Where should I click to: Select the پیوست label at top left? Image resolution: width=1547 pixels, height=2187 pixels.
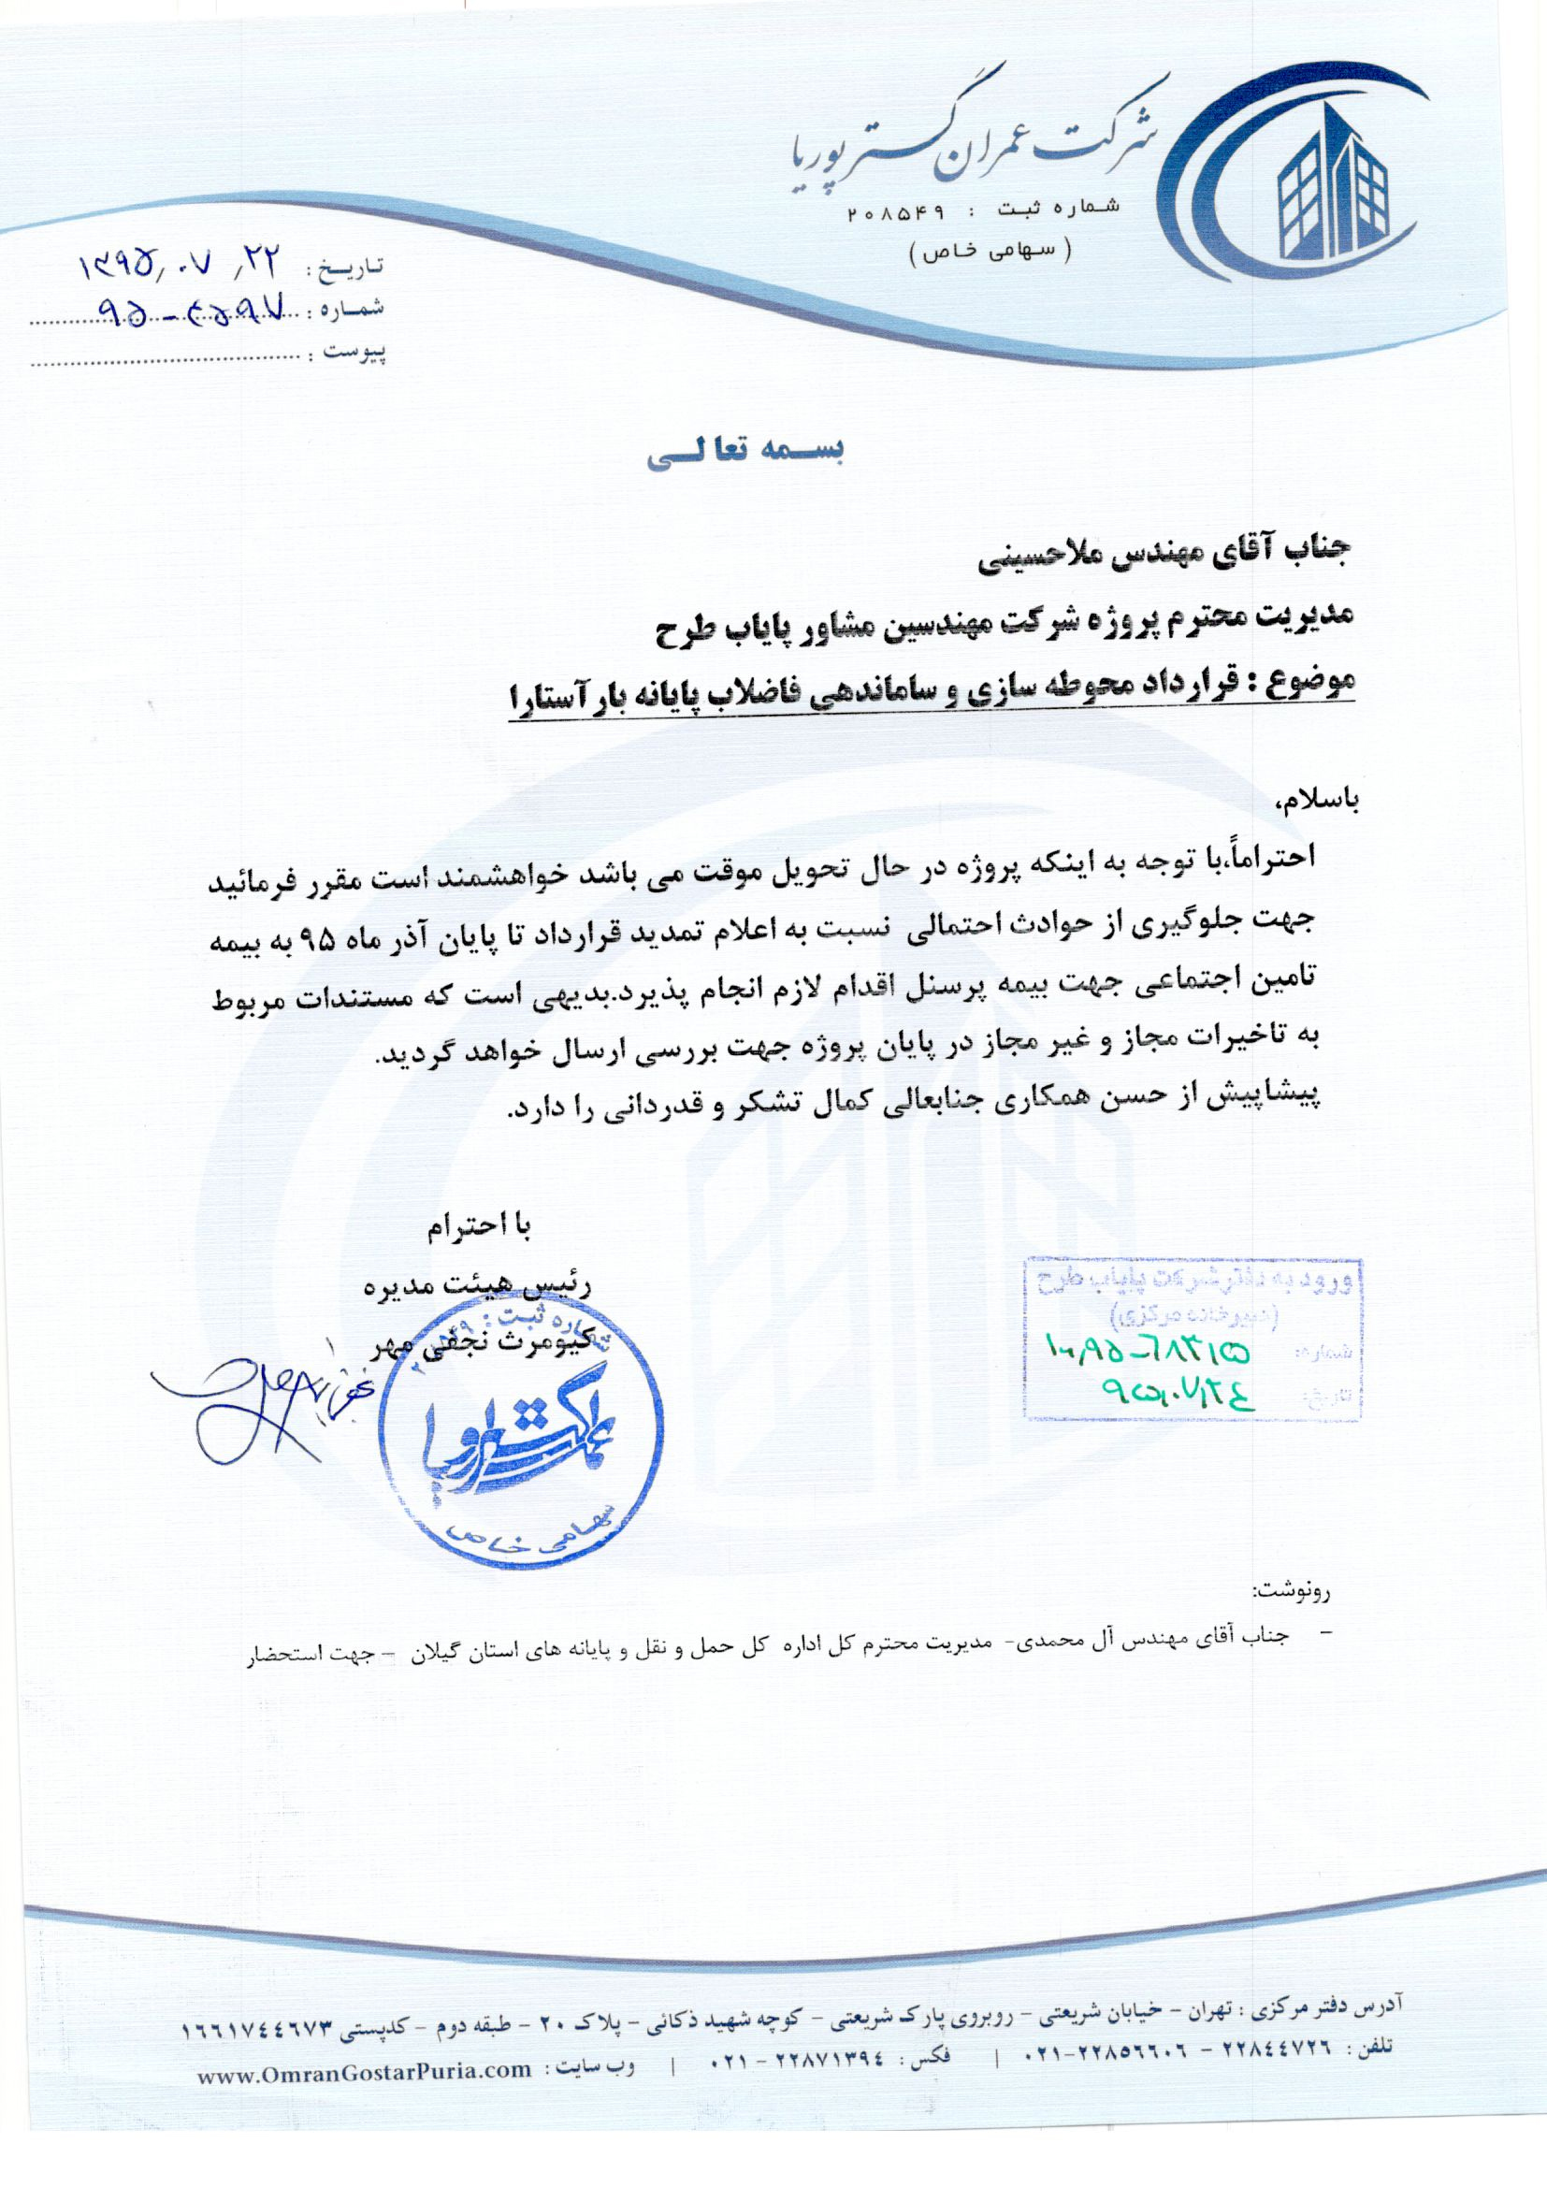[x=357, y=353]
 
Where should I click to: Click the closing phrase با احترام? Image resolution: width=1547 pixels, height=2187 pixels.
[x=476, y=1228]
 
